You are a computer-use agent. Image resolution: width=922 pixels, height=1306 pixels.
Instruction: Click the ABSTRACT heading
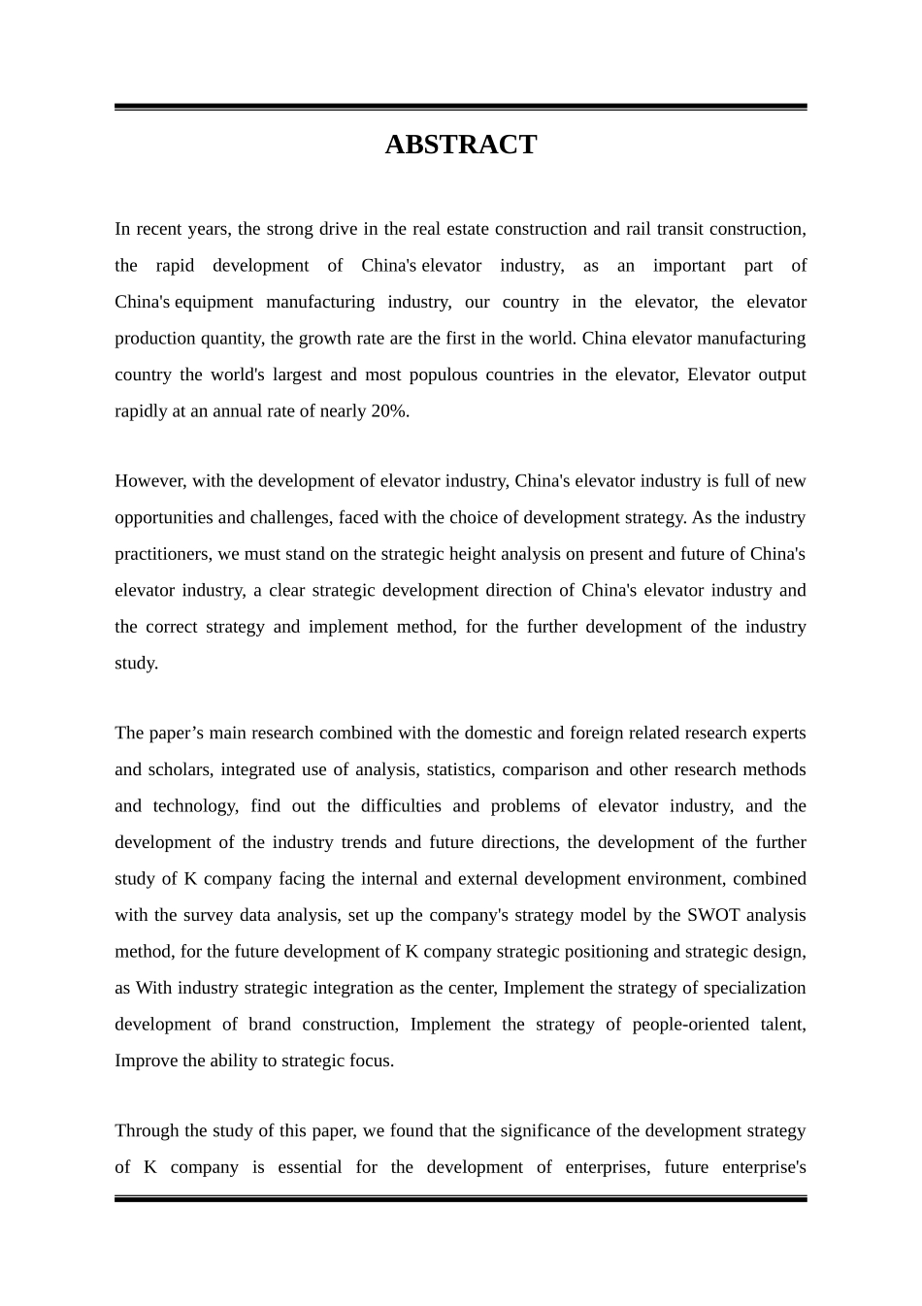click(x=460, y=145)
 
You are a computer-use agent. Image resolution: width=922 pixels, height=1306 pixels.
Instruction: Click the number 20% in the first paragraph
click(x=389, y=411)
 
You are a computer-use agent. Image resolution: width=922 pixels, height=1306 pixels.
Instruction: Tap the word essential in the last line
click(x=310, y=1167)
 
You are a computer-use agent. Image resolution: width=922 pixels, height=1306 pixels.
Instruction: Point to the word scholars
click(x=177, y=769)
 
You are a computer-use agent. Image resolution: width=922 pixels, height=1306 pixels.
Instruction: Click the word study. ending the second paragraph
click(x=136, y=664)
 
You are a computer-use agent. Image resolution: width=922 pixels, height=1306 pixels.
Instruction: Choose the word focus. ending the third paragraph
click(x=372, y=1061)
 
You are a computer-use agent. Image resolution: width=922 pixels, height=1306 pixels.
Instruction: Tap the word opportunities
click(x=164, y=518)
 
